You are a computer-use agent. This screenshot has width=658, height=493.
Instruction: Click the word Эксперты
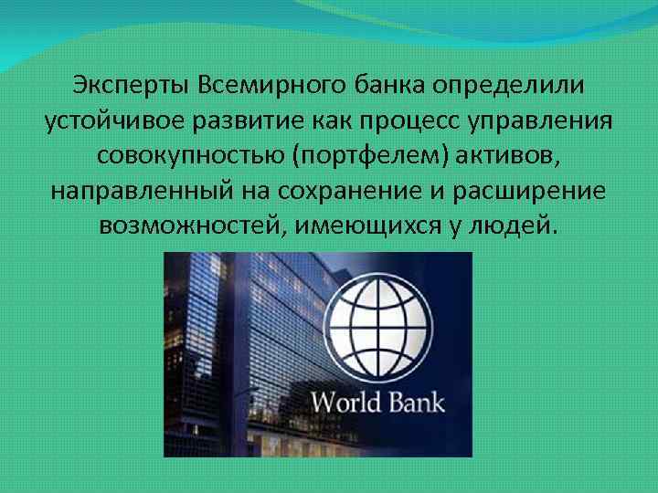(x=127, y=86)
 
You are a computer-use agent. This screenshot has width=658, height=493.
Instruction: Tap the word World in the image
(x=346, y=403)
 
